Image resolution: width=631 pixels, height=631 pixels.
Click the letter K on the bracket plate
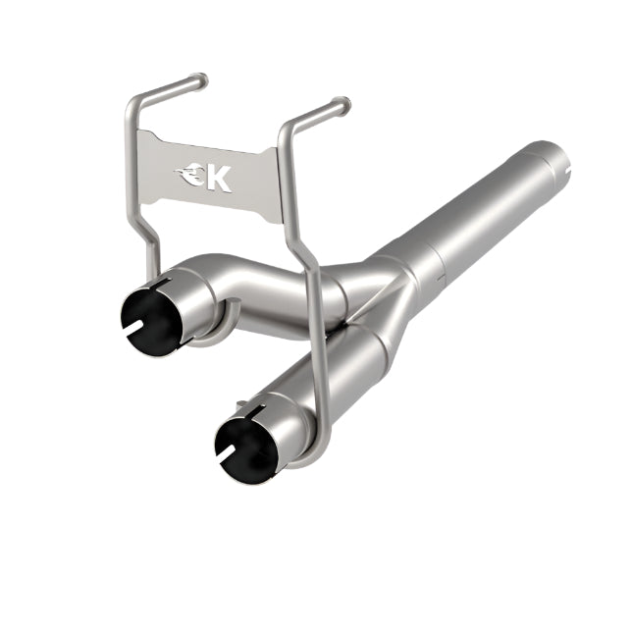(220, 178)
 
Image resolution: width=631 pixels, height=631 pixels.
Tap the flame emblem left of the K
(192, 178)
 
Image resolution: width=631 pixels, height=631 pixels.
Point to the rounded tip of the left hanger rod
(201, 79)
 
